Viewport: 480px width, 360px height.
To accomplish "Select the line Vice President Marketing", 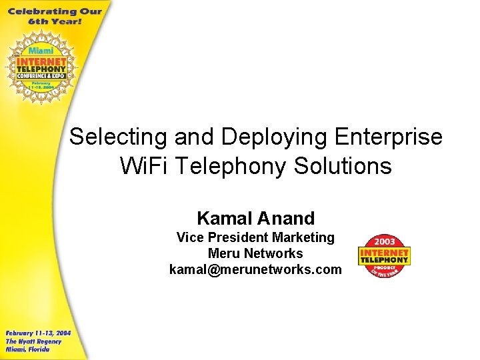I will click(x=255, y=237).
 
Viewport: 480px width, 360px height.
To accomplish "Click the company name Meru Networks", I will click(x=255, y=253).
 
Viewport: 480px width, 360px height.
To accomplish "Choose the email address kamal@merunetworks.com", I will click(x=255, y=269).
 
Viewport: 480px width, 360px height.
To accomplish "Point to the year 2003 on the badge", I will click(x=384, y=241).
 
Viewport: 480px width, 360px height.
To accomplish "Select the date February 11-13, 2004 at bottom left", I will click(x=38, y=333).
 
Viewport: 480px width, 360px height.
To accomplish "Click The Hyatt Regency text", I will click(x=33, y=341).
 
